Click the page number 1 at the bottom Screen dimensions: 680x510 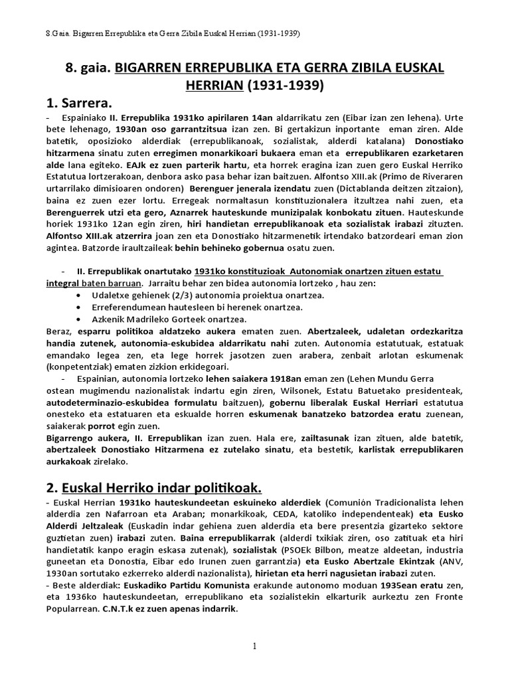pyautogui.click(x=254, y=646)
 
